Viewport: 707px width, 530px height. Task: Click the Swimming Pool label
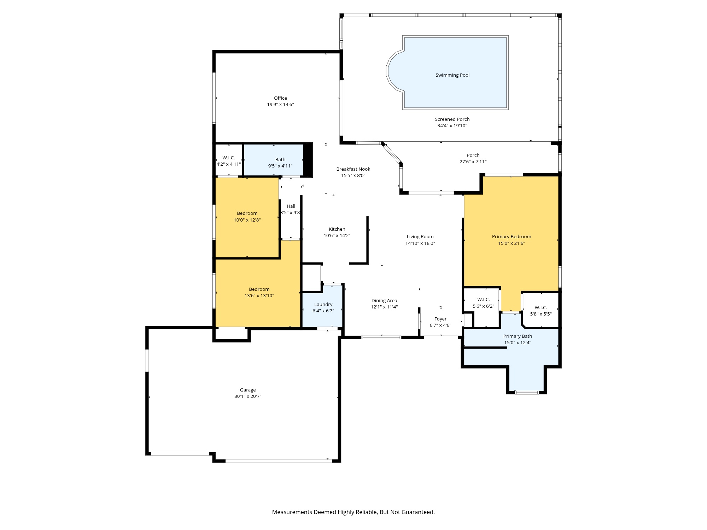tap(452, 75)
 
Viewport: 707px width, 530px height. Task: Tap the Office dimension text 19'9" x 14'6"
tap(280, 105)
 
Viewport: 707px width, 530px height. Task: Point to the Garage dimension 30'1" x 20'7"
tap(247, 396)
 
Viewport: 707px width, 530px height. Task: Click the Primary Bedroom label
tap(511, 237)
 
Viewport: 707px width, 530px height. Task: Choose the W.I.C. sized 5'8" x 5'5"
tap(541, 311)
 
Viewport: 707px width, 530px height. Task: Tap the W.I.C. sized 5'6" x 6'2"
tap(483, 303)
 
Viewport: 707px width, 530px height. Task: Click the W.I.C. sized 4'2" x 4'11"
tap(229, 161)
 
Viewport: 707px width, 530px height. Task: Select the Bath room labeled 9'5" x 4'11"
tap(280, 163)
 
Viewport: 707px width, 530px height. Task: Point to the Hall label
tap(291, 206)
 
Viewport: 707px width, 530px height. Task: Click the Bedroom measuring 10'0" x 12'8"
tap(247, 216)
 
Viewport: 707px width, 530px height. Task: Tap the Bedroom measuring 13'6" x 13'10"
tap(259, 292)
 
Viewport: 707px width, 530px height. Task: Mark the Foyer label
tap(440, 319)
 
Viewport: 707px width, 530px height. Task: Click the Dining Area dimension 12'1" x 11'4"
tap(384, 307)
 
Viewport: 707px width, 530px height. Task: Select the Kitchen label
tap(337, 229)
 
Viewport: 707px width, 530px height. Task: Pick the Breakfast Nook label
tap(353, 169)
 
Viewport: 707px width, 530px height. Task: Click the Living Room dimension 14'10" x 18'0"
tap(420, 243)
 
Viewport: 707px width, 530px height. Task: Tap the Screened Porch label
tap(452, 119)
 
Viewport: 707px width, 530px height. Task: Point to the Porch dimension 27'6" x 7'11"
tap(473, 162)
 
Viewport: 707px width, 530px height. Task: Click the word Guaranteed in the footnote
tap(420, 512)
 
